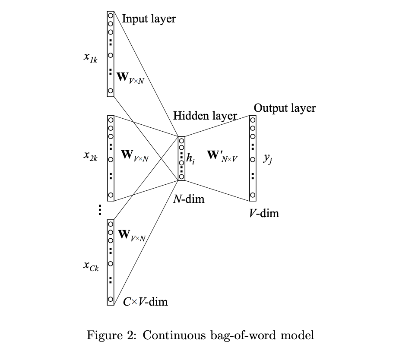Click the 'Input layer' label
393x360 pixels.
[x=149, y=19]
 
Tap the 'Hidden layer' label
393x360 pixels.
[x=205, y=116]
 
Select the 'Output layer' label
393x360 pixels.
[x=285, y=108]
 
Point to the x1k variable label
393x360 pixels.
[x=90, y=58]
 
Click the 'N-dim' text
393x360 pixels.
[x=189, y=199]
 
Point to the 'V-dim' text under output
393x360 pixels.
[x=264, y=213]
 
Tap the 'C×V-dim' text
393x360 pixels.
[x=145, y=301]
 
